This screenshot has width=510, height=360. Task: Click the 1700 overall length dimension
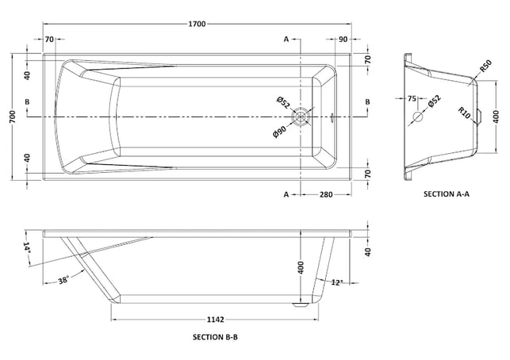197,24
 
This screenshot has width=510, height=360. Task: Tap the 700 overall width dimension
12,117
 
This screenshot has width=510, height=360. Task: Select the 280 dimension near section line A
326,194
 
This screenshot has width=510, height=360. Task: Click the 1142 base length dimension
215,320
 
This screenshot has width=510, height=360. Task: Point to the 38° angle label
63,280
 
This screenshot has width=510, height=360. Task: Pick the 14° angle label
27,248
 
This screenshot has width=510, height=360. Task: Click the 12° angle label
337,282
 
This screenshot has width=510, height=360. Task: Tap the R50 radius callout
485,67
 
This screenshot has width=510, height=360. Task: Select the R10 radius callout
465,113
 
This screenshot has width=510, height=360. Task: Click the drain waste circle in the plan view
301,117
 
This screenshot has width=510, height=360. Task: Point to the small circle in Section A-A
418,117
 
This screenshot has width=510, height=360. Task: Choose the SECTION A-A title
447,194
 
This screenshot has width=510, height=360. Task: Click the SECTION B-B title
215,337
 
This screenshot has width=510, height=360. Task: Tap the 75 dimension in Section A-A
412,98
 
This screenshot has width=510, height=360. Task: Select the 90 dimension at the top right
343,40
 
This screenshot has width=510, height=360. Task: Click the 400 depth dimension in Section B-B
301,267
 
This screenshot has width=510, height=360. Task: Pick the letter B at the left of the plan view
27,101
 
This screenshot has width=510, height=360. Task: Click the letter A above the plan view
286,40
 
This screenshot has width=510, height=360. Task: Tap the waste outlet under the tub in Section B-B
301,305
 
